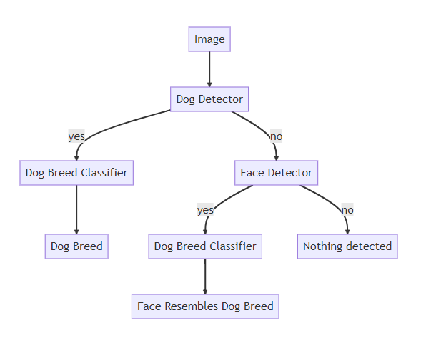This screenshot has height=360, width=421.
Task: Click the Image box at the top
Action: point(209,39)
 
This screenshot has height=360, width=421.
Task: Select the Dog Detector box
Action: point(209,99)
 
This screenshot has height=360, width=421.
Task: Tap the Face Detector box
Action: point(276,173)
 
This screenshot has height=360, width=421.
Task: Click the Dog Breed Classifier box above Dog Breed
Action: point(76,173)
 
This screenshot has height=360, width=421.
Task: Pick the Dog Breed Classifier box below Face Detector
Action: point(205,246)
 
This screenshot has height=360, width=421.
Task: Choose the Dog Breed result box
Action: point(76,246)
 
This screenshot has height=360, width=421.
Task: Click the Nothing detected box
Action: point(347,246)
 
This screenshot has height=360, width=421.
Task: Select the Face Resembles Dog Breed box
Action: point(205,306)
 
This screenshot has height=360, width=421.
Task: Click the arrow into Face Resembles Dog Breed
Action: point(205,276)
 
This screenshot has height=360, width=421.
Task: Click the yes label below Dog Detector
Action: point(76,136)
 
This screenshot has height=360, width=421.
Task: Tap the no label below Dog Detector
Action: point(276,136)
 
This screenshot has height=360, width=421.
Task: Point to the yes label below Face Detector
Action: point(205,210)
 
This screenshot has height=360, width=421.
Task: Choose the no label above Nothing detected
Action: point(347,210)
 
